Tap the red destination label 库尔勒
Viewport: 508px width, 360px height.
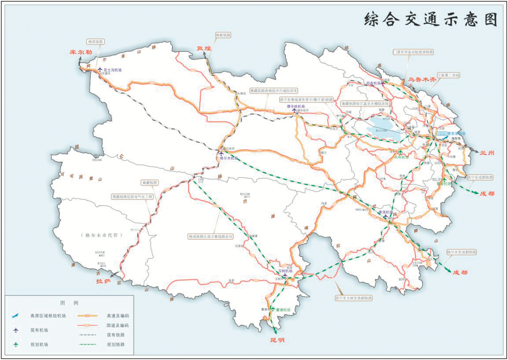tap(81, 52)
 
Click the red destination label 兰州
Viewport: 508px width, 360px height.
tap(487, 153)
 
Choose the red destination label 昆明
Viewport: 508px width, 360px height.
tap(277, 340)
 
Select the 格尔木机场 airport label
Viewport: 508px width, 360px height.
tap(229, 157)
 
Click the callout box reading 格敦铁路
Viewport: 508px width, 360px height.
tap(223, 35)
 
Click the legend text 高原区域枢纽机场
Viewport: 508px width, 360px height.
tap(48, 316)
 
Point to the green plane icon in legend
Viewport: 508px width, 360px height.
tap(16, 344)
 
